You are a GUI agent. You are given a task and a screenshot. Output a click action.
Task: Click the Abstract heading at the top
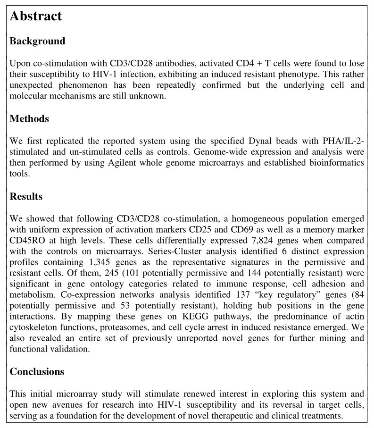coord(36,16)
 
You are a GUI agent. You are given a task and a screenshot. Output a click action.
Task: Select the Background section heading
coord(37,41)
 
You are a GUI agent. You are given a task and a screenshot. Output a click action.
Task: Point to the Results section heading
coord(26,196)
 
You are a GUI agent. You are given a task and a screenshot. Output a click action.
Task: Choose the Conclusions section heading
coord(37,371)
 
